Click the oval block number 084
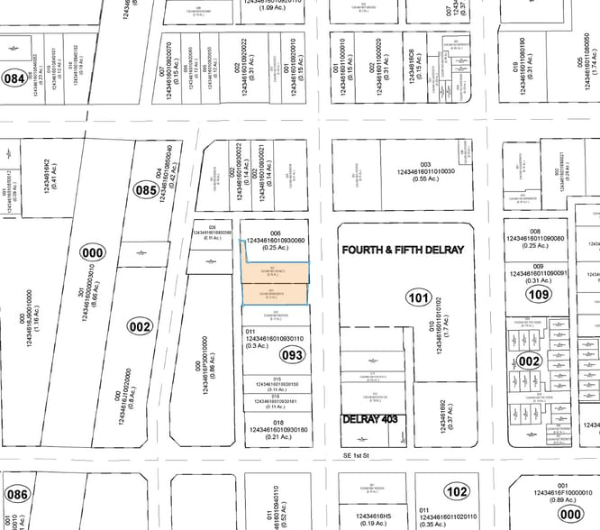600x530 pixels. point(14,78)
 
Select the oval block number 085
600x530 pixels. point(144,191)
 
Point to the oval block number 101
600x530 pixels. point(419,297)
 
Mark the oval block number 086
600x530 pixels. point(16,495)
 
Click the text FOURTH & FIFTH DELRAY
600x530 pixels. point(402,249)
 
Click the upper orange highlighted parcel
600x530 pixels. point(275,270)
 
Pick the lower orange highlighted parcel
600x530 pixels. point(275,293)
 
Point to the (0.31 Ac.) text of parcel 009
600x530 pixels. point(539,280)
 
